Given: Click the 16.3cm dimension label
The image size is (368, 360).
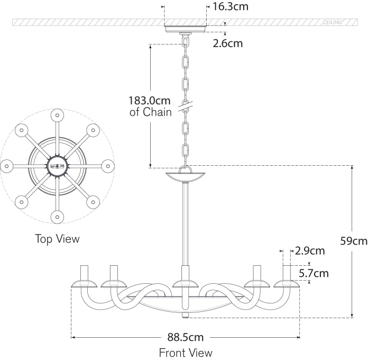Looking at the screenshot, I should point(230,7).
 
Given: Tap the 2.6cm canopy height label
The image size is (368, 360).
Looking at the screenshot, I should point(227,43).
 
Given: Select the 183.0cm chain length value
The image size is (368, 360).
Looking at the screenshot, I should point(150,100).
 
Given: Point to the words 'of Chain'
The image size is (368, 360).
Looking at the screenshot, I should point(151,112).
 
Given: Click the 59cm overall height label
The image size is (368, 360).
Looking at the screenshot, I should point(353,241).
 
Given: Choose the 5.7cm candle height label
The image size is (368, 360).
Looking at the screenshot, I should point(314,273).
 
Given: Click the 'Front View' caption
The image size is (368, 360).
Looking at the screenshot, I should point(186,353).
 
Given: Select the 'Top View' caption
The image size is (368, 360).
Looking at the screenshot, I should point(57,239).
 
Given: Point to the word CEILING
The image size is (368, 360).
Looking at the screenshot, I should point(333,23).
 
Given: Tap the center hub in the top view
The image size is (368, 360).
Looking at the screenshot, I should point(57,166).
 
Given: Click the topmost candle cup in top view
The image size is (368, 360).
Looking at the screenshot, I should point(57,114).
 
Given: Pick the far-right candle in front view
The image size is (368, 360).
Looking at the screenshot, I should point(287,273).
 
